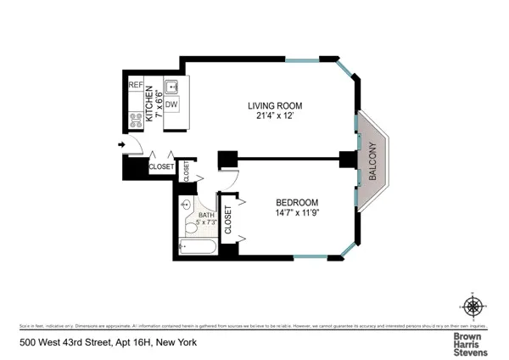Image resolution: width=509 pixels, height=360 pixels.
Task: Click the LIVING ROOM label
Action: [x=275, y=106]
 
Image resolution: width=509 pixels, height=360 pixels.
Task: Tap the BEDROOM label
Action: [x=297, y=202]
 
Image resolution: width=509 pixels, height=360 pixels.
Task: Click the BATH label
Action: [x=206, y=215]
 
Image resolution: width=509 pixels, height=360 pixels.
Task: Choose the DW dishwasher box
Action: [x=171, y=104]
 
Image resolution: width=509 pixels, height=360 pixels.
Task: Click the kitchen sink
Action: [x=171, y=87]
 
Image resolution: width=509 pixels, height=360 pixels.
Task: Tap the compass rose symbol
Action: [x=473, y=305]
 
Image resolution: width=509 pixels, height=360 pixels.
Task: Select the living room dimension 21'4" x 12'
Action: [x=275, y=116]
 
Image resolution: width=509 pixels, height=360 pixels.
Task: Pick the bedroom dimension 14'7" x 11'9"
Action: [x=297, y=213]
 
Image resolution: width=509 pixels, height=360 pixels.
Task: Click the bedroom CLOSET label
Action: [x=227, y=218]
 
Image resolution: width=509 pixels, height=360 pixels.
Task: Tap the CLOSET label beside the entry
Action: [x=161, y=167]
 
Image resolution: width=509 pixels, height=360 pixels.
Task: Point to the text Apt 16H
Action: [x=115, y=344]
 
